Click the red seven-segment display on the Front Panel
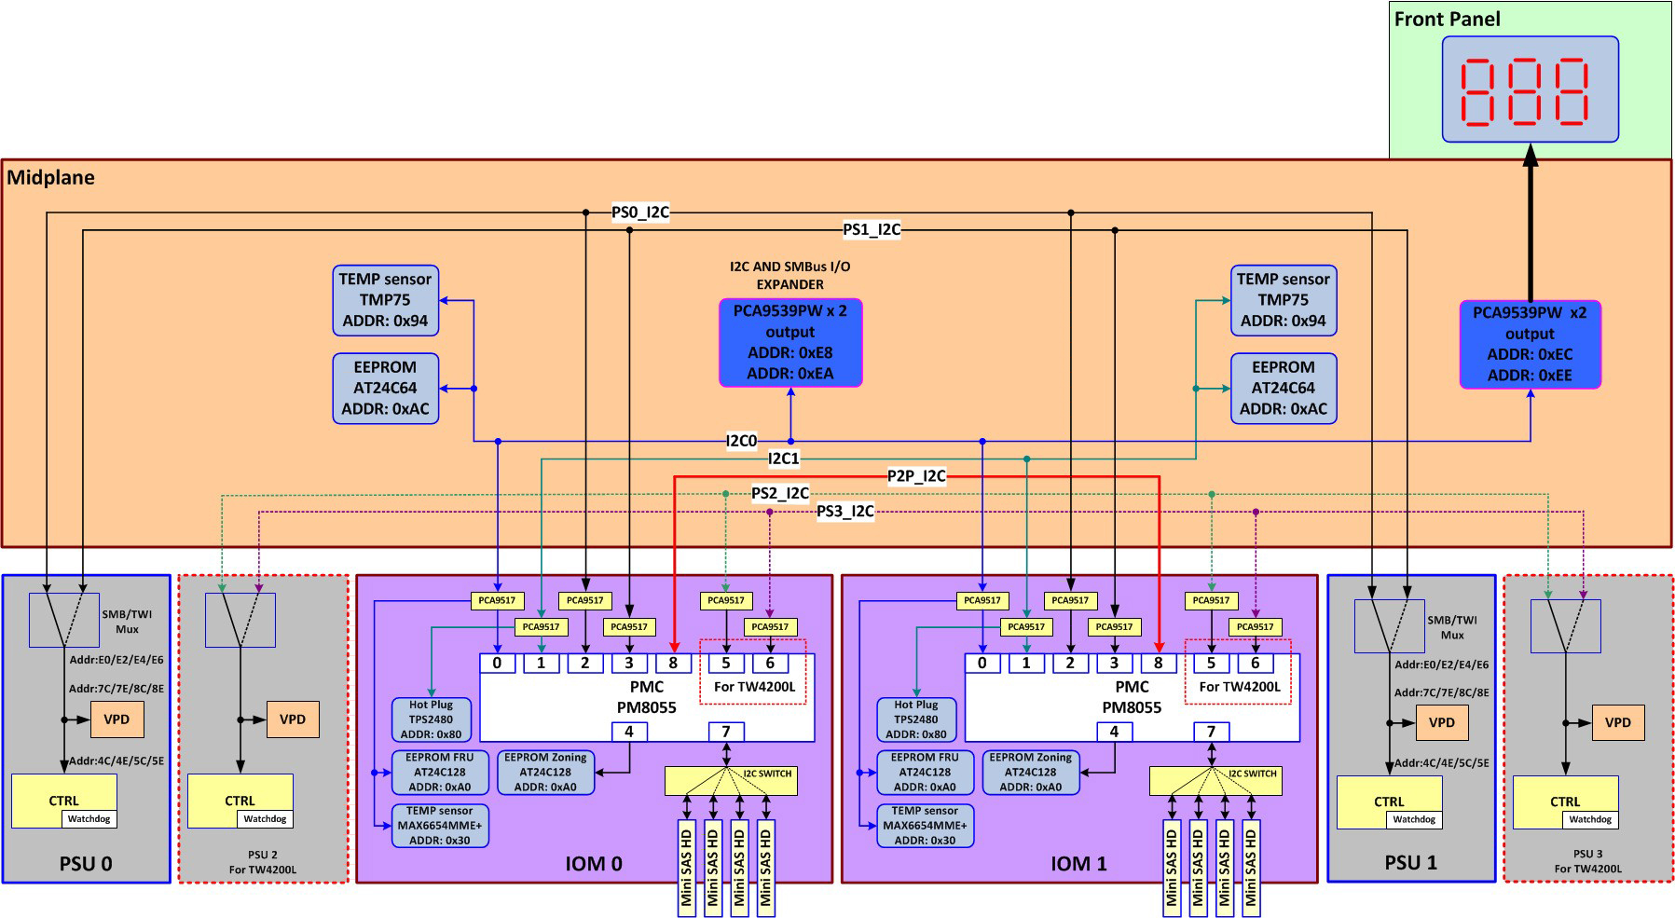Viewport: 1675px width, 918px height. pyautogui.click(x=1530, y=89)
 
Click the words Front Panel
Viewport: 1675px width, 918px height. pyautogui.click(x=1447, y=19)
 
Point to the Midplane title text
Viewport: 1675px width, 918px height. pyautogui.click(x=50, y=177)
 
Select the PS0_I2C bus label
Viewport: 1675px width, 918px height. pyautogui.click(x=639, y=212)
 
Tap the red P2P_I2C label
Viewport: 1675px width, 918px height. pyautogui.click(x=916, y=476)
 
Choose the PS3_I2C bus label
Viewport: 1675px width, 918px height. pyautogui.click(x=844, y=511)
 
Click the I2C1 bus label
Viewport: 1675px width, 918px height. pyautogui.click(x=783, y=458)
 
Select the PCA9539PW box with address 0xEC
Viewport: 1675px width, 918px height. pyautogui.click(x=1529, y=344)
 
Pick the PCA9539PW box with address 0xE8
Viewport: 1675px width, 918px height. pyautogui.click(x=789, y=342)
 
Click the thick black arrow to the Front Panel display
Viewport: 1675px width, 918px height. pyautogui.click(x=1530, y=224)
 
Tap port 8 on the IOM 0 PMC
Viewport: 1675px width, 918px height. pyautogui.click(x=673, y=664)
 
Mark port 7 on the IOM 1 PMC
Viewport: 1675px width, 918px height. pyautogui.click(x=1211, y=732)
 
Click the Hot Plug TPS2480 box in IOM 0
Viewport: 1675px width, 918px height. pyautogui.click(x=431, y=719)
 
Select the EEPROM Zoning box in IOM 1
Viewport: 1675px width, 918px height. pyautogui.click(x=1030, y=773)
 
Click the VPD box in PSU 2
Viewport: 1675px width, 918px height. pyautogui.click(x=293, y=719)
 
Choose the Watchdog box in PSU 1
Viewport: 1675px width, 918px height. pyautogui.click(x=1414, y=819)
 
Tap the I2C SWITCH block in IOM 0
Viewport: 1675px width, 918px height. pyautogui.click(x=731, y=781)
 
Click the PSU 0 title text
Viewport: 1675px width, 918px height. pyautogui.click(x=86, y=863)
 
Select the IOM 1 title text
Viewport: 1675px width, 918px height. pyautogui.click(x=1078, y=864)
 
